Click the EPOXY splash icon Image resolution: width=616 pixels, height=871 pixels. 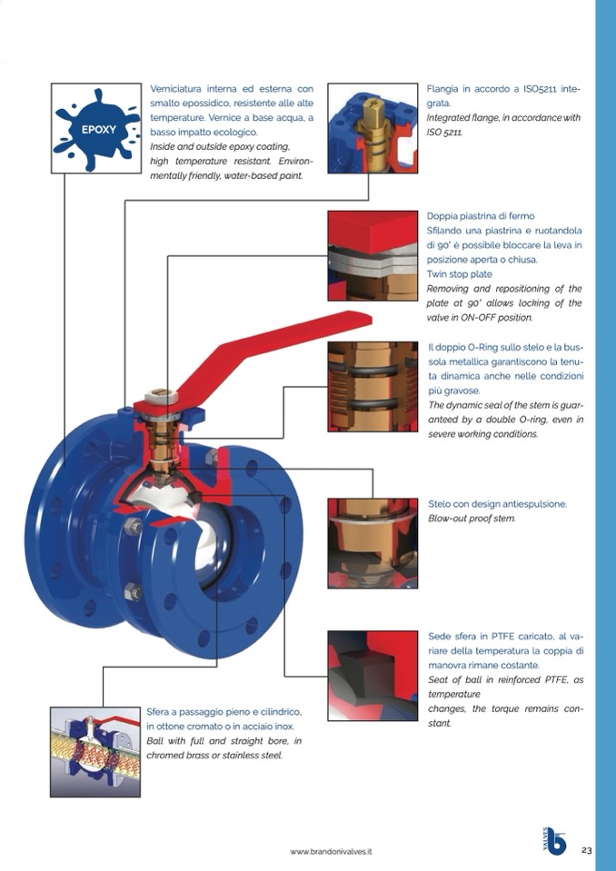pyautogui.click(x=94, y=128)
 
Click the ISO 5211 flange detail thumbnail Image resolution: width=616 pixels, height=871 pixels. pyautogui.click(x=373, y=128)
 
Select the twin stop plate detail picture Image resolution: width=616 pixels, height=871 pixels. pyautogui.click(x=373, y=255)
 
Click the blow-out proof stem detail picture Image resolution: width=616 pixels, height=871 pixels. pyautogui.click(x=373, y=542)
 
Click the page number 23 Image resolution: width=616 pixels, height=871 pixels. pyautogui.click(x=586, y=850)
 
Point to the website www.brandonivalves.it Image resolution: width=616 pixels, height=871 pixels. pyautogui.click(x=332, y=852)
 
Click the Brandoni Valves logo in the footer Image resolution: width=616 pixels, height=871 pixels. pyautogui.click(x=553, y=841)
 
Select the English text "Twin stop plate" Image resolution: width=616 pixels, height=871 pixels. pyautogui.click(x=460, y=274)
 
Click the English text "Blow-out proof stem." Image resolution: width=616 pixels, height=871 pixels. pyautogui.click(x=472, y=519)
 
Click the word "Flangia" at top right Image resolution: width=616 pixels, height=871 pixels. pyautogui.click(x=445, y=89)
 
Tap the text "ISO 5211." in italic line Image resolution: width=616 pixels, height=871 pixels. pyautogui.click(x=445, y=133)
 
